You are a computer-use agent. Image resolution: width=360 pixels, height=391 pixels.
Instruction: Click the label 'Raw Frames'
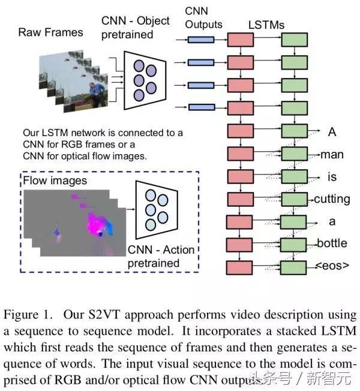tap(50, 32)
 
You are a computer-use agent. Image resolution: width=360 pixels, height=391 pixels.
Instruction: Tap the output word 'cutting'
tap(332, 199)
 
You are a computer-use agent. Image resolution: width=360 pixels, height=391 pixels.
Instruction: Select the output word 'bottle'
tap(332, 243)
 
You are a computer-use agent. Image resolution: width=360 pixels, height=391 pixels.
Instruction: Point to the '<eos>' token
tap(332, 265)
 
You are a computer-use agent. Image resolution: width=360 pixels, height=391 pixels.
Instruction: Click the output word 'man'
tap(332, 155)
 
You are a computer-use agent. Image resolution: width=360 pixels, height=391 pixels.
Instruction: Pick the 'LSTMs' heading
tap(266, 25)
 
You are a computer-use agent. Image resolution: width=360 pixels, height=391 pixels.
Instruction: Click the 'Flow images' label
tap(55, 181)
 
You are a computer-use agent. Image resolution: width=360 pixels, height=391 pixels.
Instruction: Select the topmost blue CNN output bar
tap(201, 40)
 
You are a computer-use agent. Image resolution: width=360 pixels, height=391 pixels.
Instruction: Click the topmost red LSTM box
tap(241, 40)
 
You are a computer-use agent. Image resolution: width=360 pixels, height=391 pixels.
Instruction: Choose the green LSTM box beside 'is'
tap(295, 176)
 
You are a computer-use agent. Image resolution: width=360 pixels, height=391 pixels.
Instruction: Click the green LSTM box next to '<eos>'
tap(293, 268)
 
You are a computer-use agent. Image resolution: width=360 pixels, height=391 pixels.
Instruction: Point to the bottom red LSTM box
tap(239, 268)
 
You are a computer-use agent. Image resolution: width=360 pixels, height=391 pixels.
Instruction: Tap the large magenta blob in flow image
tap(98, 222)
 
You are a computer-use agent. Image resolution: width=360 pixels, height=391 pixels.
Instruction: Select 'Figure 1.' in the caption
tap(28, 315)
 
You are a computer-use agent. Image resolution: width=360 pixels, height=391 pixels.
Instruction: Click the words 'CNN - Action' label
tap(161, 250)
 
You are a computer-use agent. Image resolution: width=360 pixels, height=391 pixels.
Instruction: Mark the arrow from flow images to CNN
tap(131, 209)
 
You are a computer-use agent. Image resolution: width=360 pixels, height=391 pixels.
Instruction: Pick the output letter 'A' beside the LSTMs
tap(332, 132)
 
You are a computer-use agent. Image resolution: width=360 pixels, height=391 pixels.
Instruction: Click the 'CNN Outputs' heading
tap(203, 18)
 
